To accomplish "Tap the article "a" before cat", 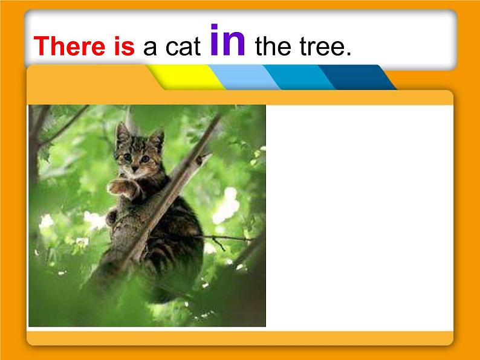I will tap(149, 48).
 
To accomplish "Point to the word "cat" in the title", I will tap(181, 48).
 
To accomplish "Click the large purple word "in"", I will tap(227, 41).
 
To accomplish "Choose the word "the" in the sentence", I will tap(273, 47).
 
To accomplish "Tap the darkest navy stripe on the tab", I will tap(356, 77).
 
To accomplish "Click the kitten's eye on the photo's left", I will tap(128, 156).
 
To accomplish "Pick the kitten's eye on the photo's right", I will tap(145, 159).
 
